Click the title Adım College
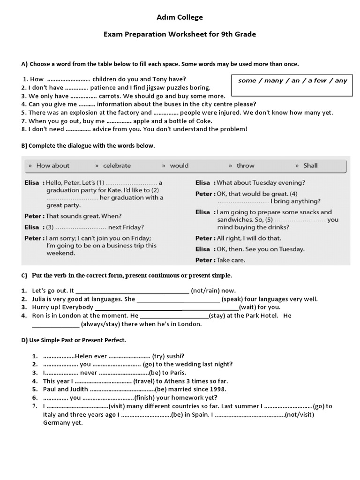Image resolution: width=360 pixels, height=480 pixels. (180, 17)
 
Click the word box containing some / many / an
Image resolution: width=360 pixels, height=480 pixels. (292, 81)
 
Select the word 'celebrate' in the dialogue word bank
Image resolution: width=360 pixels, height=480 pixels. (117, 165)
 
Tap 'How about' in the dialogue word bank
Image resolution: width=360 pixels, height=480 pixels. (52, 165)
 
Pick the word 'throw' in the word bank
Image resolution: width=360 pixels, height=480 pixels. (245, 165)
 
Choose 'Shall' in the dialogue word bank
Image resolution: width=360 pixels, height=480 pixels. (310, 165)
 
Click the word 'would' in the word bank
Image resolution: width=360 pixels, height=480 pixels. (179, 165)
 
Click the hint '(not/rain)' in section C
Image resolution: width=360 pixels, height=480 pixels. (206, 291)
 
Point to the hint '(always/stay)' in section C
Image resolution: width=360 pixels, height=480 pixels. (103, 324)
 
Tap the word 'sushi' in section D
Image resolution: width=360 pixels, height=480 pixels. (172, 356)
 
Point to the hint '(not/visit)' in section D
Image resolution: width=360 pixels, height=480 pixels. (300, 414)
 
